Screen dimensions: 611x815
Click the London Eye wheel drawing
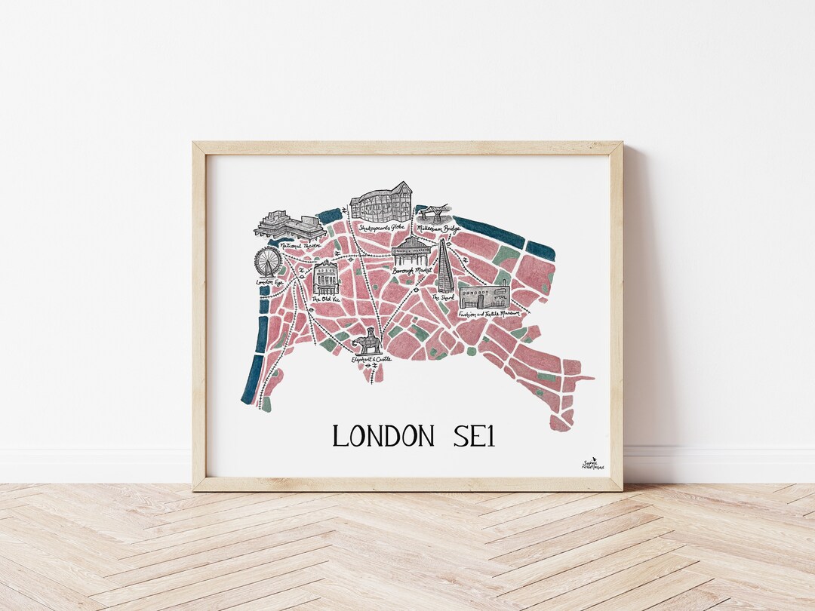[x=267, y=263]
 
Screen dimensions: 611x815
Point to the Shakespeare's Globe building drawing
[x=381, y=201]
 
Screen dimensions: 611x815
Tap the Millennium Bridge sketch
[x=435, y=212]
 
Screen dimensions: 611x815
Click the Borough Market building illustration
[x=412, y=251]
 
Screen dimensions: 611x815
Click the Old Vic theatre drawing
[x=326, y=278]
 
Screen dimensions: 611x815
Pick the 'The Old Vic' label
[x=326, y=299]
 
